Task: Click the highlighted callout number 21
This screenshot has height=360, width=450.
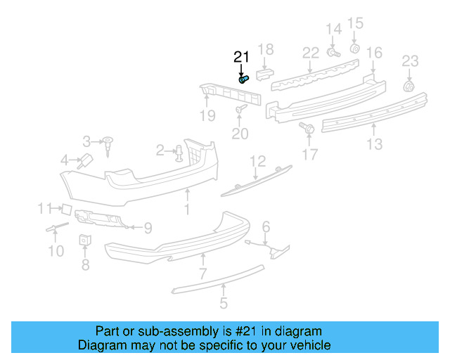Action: (241, 57)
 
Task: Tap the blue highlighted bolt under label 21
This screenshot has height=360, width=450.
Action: (244, 79)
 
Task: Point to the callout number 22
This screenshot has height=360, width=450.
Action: (311, 53)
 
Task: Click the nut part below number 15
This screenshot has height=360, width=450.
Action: (355, 49)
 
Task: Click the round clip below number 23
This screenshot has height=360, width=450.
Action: (408, 86)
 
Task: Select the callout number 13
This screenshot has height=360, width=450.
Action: (375, 144)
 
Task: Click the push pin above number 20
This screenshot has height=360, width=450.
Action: (241, 110)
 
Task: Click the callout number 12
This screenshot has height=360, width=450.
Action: (257, 161)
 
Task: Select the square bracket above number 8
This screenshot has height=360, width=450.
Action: (85, 240)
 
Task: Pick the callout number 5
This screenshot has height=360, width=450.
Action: (224, 304)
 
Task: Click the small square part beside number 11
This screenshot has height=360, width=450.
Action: (65, 208)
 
